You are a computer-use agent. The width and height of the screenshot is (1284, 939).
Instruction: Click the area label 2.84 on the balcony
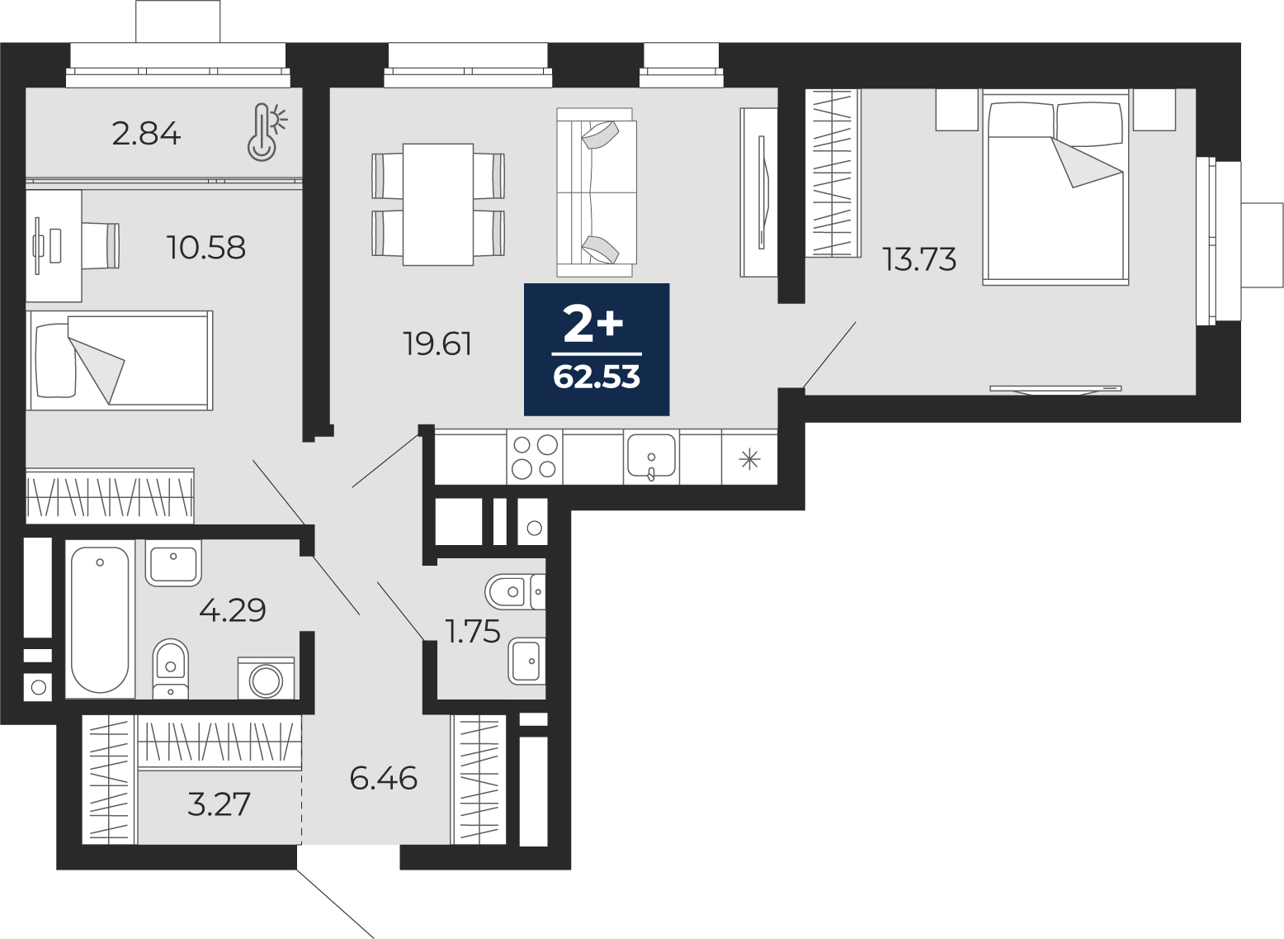click(146, 135)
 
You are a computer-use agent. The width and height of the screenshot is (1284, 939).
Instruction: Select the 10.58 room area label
click(206, 248)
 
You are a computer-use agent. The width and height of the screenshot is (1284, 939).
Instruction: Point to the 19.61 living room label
click(438, 344)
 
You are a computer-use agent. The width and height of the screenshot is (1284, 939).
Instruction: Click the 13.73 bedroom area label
click(919, 259)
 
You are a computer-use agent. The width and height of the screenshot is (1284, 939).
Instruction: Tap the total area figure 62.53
click(597, 377)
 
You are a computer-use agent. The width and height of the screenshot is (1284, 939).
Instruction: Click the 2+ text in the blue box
click(593, 323)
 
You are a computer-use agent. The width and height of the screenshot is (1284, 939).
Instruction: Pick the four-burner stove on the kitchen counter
click(534, 457)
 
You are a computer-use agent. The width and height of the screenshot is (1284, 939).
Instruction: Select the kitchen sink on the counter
click(651, 457)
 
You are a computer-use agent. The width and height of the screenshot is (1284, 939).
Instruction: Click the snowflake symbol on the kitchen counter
click(750, 459)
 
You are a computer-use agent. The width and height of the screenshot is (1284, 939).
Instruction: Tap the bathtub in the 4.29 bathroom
click(101, 619)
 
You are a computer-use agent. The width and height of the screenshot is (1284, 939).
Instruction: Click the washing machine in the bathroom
click(266, 678)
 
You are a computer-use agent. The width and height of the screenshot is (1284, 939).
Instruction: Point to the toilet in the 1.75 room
click(515, 591)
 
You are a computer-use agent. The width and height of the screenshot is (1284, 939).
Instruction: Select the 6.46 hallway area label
click(384, 779)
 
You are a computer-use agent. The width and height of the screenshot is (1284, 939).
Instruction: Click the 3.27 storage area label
click(219, 804)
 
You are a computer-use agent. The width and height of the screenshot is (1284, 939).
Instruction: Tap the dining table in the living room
click(438, 204)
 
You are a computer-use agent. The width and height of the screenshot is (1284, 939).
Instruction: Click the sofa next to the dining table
click(596, 192)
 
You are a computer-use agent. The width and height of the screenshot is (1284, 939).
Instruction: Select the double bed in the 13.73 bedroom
click(1055, 187)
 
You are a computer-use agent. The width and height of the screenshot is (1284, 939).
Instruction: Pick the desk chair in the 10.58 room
click(101, 245)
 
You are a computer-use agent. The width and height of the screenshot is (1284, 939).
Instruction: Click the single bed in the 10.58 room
click(119, 360)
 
